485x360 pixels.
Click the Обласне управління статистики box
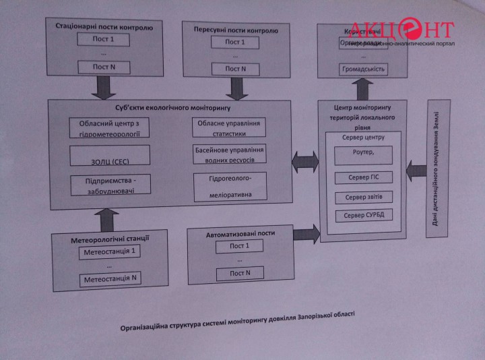pyautogui.click(x=229, y=126)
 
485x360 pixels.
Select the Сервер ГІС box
pyautogui.click(x=364, y=178)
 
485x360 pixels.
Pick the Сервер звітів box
pyautogui.click(x=364, y=198)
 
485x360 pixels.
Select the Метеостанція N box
pyautogui.click(x=111, y=278)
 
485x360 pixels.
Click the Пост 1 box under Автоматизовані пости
pyautogui.click(x=239, y=245)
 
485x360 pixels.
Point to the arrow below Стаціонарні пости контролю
pyautogui.click(x=106, y=86)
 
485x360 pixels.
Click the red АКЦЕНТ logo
pyautogui.click(x=411, y=29)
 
